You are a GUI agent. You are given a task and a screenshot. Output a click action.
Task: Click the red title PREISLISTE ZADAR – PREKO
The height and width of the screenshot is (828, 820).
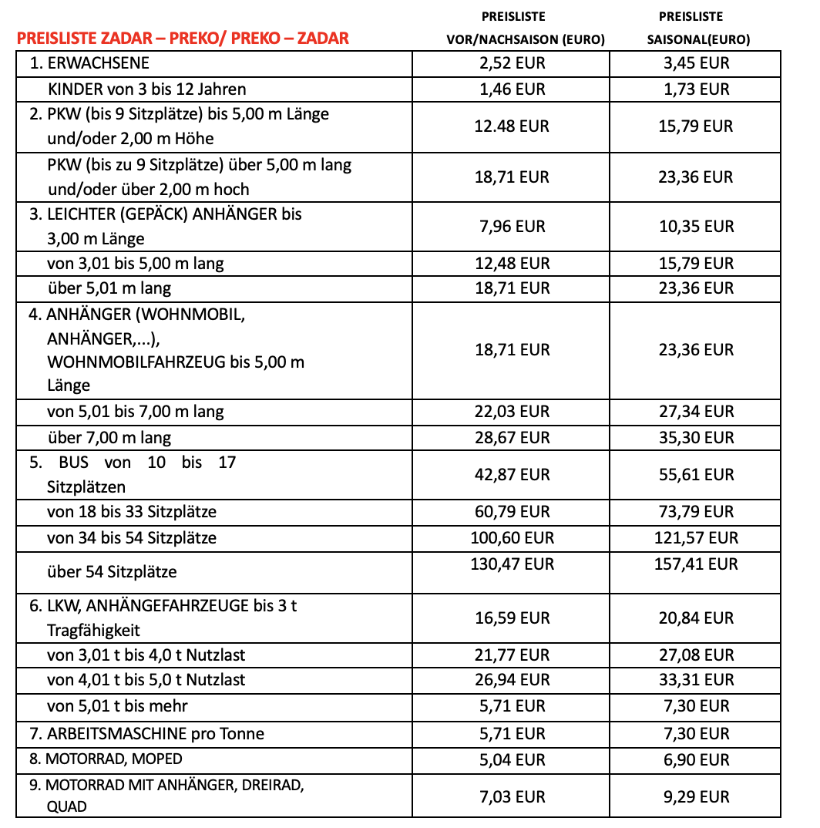(183, 38)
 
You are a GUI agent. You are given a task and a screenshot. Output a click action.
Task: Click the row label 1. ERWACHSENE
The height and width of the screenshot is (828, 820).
(89, 63)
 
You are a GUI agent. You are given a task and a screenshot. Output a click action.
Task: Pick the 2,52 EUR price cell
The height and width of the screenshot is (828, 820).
(512, 63)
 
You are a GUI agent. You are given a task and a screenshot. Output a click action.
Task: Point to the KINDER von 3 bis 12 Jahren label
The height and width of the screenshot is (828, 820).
(146, 89)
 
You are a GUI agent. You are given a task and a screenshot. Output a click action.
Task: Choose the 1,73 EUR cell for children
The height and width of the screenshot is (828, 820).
(696, 89)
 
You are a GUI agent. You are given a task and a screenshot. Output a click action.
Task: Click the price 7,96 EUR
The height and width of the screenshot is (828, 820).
(512, 226)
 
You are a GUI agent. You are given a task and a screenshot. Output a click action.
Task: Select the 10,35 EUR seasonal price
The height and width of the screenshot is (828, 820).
(696, 226)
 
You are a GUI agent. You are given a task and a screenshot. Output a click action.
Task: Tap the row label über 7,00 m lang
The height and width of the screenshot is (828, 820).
(109, 438)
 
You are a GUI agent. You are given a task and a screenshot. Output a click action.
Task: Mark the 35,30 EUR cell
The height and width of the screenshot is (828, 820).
(696, 437)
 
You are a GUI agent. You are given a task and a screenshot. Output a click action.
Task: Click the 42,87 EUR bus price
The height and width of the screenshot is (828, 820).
(512, 474)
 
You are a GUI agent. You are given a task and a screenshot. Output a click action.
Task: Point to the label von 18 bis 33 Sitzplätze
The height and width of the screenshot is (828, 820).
(132, 512)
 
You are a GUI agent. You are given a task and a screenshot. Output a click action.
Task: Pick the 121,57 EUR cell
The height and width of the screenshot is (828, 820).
(696, 537)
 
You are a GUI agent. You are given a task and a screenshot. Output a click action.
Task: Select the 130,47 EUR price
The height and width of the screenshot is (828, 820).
(512, 564)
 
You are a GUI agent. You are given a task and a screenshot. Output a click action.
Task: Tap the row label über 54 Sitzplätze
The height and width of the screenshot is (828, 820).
(112, 572)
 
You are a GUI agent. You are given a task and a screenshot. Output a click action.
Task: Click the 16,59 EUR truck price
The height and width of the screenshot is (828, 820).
(512, 618)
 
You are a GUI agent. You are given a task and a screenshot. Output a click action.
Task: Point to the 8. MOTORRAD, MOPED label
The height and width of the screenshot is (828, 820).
(106, 759)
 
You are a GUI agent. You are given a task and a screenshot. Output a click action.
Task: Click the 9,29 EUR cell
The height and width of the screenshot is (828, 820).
(696, 796)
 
